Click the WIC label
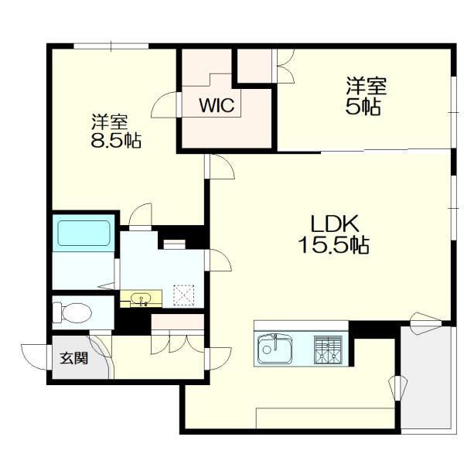(x=217, y=104)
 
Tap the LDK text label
(x=334, y=223)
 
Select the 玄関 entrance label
(x=73, y=358)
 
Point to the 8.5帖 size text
(x=116, y=140)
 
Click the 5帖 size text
(x=363, y=107)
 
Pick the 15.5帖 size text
(x=334, y=244)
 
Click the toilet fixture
(x=72, y=312)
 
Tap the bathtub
(x=84, y=234)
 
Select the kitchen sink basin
(x=275, y=350)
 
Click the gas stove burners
(x=328, y=350)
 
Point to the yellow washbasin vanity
(x=142, y=299)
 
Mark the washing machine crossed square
(x=184, y=295)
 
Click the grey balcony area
(x=425, y=377)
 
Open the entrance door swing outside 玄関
(x=33, y=357)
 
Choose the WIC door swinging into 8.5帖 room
(x=164, y=104)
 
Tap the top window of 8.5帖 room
(x=111, y=46)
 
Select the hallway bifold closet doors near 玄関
(x=177, y=344)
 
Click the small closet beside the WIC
(x=254, y=66)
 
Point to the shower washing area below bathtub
(x=84, y=271)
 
